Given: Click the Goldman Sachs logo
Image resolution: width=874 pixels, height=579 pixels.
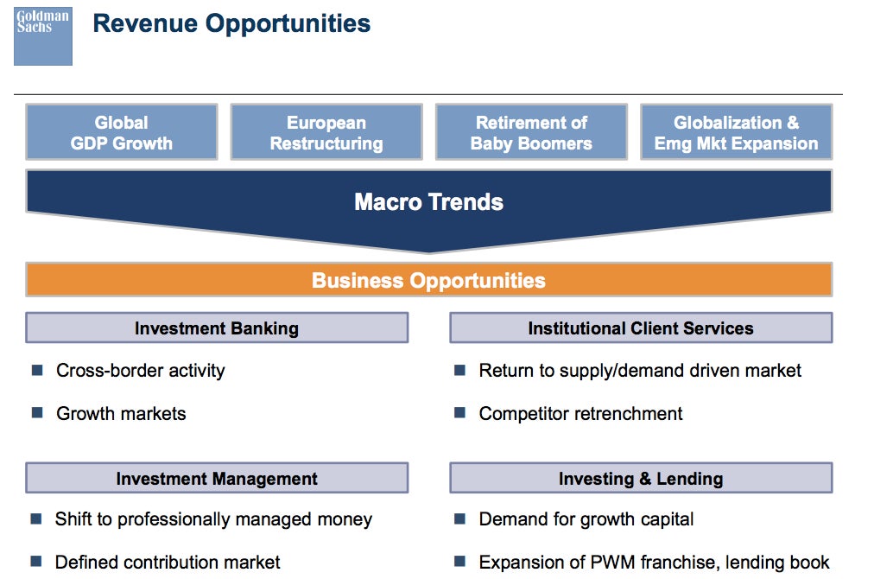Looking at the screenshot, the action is (x=43, y=36).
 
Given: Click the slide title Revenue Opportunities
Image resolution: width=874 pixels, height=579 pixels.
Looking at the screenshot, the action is (x=231, y=23).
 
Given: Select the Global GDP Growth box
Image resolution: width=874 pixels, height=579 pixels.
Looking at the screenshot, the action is (x=122, y=132).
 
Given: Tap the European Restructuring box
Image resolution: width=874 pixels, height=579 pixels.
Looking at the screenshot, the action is (x=326, y=132).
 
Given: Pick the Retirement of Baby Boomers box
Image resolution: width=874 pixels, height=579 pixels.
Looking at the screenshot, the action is (x=532, y=132).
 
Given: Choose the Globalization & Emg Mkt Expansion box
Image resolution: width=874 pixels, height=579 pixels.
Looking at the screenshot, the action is (x=737, y=132).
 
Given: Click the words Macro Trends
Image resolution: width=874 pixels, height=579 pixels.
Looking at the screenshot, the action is (x=428, y=202).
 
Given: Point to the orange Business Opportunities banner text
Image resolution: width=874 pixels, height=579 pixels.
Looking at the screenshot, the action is (x=428, y=280).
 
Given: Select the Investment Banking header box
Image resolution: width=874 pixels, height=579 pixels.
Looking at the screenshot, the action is (x=217, y=328).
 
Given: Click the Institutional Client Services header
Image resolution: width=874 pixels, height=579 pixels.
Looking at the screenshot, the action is (x=641, y=328).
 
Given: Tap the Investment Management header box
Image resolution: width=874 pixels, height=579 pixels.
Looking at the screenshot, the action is (x=217, y=478).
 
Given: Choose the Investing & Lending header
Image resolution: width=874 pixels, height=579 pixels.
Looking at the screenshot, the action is (x=641, y=478).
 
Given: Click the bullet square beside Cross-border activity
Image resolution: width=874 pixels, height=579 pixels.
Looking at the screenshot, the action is (x=37, y=370).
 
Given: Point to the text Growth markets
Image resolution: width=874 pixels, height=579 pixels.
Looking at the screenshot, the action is (x=121, y=413).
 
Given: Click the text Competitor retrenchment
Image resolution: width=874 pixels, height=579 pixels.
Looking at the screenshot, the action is (x=580, y=413).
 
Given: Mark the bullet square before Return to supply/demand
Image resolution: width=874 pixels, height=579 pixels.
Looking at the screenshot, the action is (x=459, y=370).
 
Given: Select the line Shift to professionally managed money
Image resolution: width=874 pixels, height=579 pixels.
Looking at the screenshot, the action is (x=213, y=519).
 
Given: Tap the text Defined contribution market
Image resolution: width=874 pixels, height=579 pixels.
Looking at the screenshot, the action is (x=168, y=562).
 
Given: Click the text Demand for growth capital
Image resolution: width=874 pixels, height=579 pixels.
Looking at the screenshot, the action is (x=586, y=519).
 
